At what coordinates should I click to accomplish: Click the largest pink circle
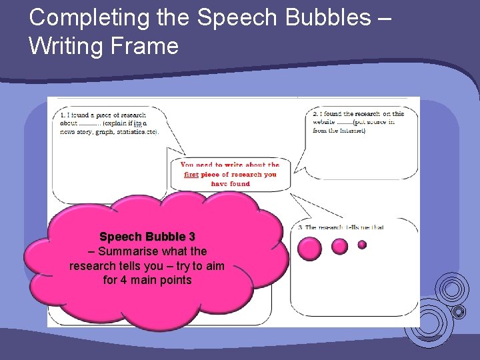point(309,248)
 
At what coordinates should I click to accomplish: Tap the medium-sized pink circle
point(340,246)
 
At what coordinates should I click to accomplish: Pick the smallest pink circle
point(362,245)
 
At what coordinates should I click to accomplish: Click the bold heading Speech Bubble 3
point(147,237)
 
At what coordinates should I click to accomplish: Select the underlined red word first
point(191,175)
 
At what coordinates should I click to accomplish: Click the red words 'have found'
point(230,183)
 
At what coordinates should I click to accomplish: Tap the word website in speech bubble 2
point(324,123)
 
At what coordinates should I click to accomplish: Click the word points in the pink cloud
point(175,280)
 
